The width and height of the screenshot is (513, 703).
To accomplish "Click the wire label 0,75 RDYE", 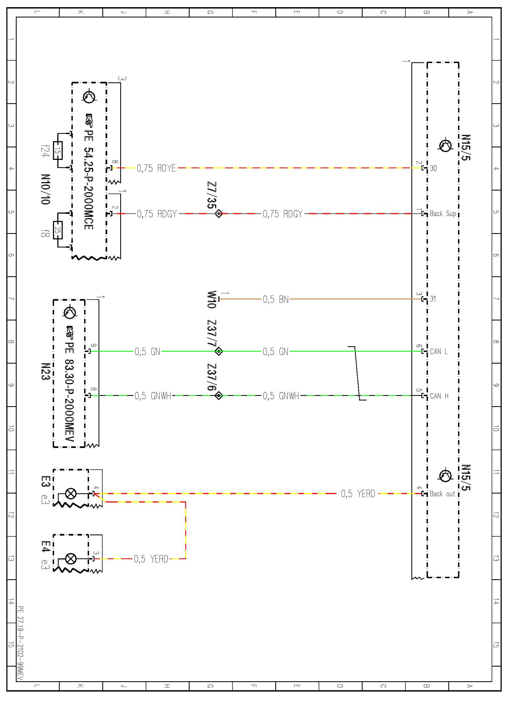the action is pos(156,168).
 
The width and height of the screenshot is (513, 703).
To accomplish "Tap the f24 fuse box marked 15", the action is pos(58,150).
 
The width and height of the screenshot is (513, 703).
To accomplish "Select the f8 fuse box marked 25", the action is pos(58,230).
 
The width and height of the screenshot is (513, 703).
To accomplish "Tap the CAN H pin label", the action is pos(439,396).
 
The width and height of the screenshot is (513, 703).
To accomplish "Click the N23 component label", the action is pos(45,371).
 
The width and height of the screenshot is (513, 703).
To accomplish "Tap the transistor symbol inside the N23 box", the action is pos(69,312).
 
